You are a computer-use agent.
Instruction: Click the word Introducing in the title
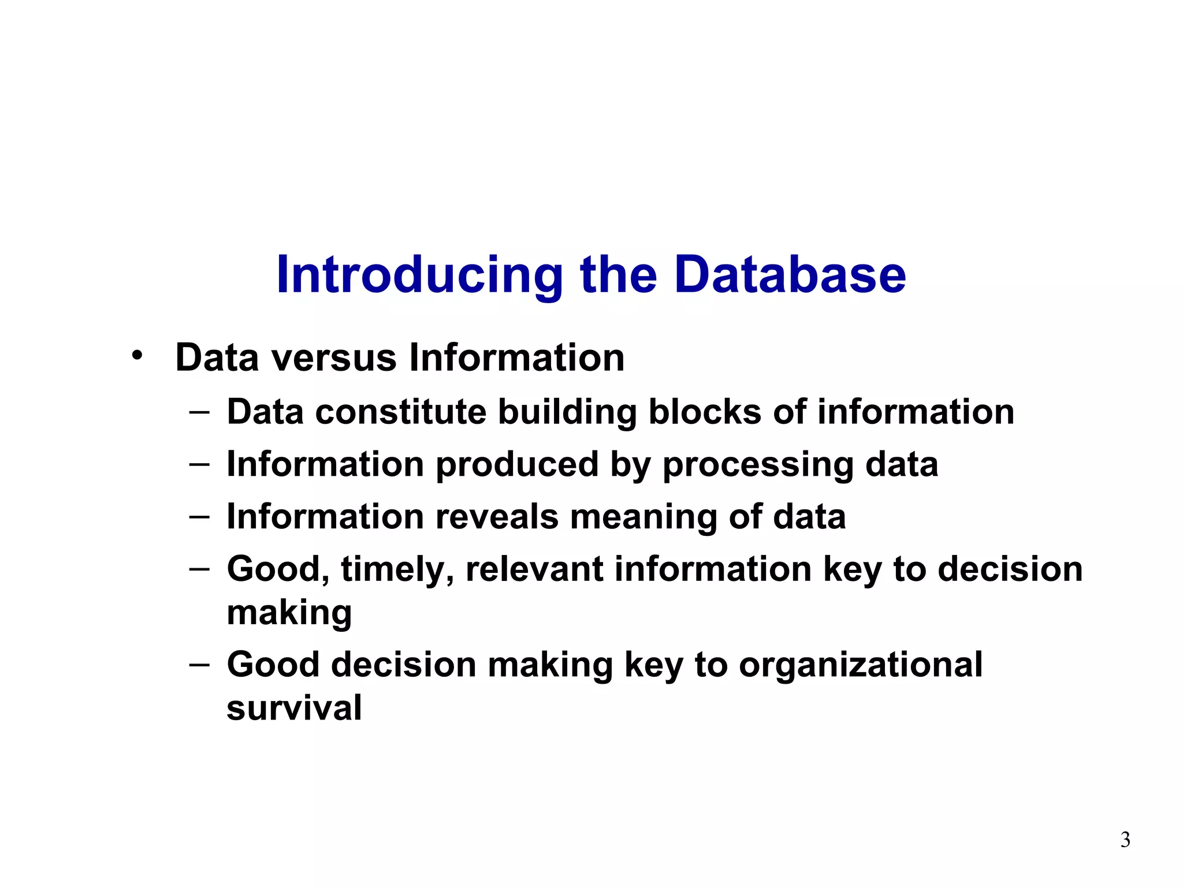419,275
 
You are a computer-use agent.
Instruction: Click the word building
567,413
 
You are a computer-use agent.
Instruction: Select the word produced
517,464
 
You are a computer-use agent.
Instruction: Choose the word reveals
497,516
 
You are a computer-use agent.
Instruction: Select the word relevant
534,569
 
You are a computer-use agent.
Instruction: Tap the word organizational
861,665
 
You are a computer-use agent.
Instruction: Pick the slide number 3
1125,839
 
